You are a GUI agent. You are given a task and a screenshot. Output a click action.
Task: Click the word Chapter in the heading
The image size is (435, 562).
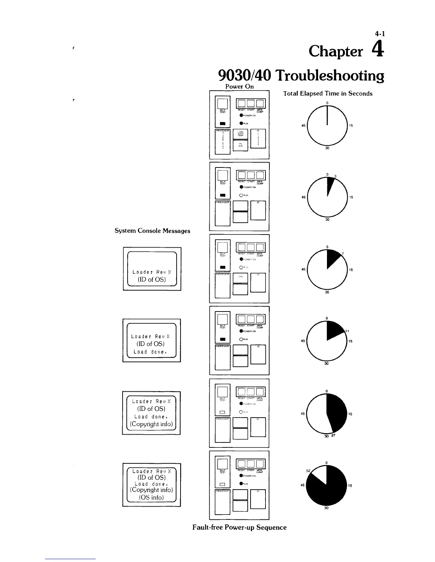336,51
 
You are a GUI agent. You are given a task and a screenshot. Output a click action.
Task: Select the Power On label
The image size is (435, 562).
240,87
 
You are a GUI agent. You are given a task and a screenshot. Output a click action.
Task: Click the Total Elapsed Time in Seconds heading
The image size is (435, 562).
328,94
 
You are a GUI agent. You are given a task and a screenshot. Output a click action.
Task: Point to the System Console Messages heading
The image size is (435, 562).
152,231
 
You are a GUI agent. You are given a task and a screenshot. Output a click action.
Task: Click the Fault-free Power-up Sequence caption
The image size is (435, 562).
239,528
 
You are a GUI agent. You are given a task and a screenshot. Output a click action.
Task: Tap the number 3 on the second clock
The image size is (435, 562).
335,176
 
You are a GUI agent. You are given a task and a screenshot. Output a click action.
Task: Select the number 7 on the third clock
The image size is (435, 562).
343,254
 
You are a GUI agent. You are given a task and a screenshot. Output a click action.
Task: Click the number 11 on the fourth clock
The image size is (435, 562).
347,331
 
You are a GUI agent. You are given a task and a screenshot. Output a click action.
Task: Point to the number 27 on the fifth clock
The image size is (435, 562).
333,436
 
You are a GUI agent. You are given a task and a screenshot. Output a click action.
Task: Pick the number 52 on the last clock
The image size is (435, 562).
308,471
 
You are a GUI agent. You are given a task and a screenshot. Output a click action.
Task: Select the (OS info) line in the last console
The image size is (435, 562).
151,497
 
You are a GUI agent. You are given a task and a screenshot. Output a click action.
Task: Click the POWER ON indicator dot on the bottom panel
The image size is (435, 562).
241,476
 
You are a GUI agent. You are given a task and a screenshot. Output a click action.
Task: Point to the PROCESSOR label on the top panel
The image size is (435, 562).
222,131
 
